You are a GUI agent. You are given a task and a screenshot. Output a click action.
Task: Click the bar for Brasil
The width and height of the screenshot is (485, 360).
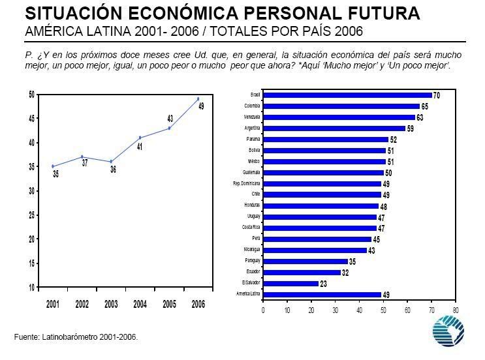347,95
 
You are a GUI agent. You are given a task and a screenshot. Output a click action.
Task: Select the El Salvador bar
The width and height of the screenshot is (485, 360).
290,283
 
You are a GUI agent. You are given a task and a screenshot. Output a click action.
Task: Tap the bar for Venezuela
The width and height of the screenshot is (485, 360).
339,117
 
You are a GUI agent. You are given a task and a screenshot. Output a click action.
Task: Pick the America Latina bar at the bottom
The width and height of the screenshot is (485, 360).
322,295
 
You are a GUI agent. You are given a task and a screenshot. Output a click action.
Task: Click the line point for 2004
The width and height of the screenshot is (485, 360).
140,138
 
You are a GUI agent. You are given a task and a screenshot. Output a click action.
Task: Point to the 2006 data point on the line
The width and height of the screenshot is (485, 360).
198,99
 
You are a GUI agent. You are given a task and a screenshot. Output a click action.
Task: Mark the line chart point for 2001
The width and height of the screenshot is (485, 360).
53,166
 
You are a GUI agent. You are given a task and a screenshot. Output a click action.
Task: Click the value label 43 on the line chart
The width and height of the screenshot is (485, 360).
170,119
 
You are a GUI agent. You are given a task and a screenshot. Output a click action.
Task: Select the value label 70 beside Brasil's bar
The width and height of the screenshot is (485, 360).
436,96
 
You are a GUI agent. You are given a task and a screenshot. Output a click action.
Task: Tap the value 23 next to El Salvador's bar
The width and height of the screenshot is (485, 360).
323,284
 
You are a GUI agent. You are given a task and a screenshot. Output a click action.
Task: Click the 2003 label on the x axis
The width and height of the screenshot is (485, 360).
111,304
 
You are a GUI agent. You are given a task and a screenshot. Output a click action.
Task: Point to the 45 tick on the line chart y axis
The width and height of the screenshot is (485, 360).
31,119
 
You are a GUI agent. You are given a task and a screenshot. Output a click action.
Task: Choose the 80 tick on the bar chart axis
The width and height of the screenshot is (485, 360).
455,310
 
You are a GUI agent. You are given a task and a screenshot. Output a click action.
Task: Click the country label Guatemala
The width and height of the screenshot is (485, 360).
251,172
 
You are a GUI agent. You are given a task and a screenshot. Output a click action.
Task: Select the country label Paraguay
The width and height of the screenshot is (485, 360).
252,261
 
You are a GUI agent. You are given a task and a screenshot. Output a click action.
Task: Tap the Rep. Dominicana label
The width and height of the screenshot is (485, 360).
247,183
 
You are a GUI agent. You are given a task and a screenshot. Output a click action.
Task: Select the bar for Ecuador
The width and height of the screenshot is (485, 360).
302,272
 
